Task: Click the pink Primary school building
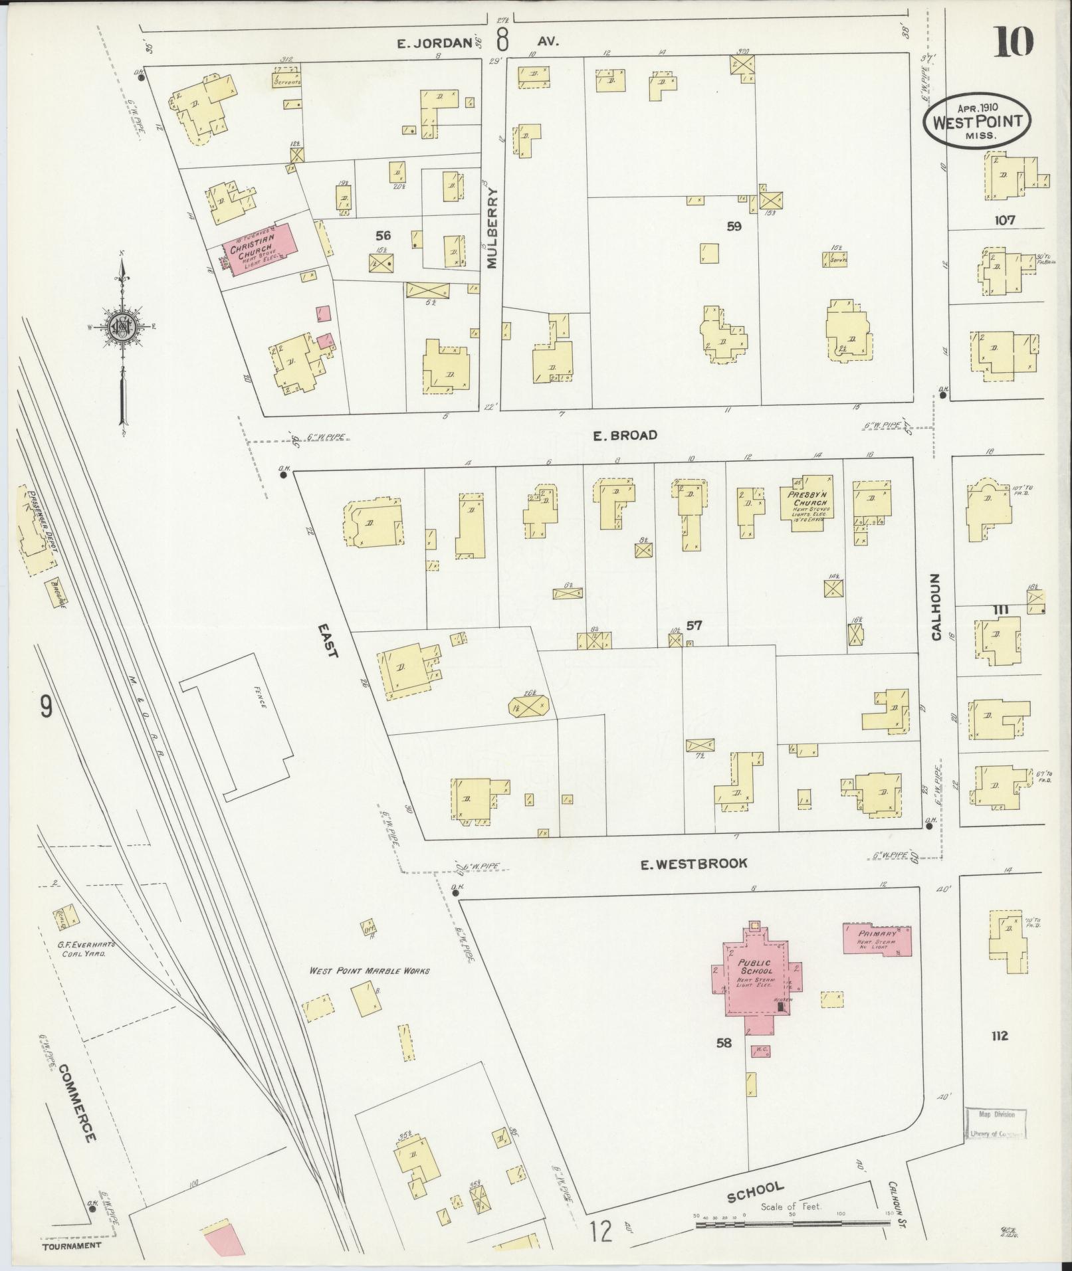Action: click(x=876, y=939)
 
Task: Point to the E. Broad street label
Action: click(x=625, y=435)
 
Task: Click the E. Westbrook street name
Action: click(x=693, y=864)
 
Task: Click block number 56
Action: click(x=383, y=235)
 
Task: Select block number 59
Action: click(x=734, y=226)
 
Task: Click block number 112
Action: click(x=998, y=1054)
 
